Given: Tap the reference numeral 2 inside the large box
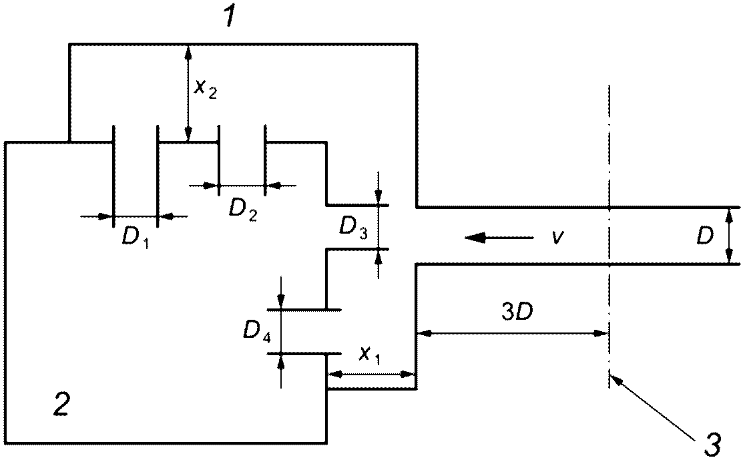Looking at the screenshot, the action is coord(62,405).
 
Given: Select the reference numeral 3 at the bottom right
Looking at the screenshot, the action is coord(712,444).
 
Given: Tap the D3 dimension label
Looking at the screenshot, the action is coord(353,228).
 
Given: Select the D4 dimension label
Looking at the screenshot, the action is coord(256,331).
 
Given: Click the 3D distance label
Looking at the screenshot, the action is coord(517,312).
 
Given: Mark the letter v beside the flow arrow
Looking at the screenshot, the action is coord(558,236).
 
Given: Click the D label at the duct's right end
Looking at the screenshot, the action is coord(705,236).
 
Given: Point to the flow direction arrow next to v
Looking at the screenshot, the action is coord(499,236).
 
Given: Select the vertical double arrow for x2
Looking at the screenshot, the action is coord(189,93).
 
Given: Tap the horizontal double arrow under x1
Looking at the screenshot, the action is coord(372,374).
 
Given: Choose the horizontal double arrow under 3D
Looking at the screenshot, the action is coord(513,334).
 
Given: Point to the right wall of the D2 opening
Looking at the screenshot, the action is coord(265,160).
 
